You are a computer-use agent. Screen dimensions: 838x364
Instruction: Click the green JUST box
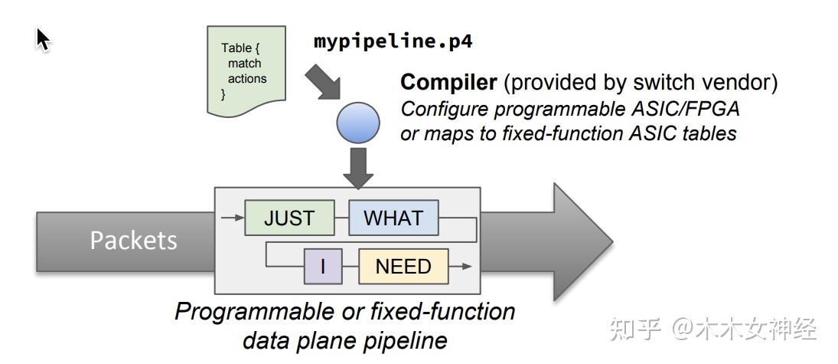(x=290, y=218)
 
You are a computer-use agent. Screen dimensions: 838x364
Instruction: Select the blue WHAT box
(x=393, y=218)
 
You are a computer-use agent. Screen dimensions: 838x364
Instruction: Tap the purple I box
(x=323, y=266)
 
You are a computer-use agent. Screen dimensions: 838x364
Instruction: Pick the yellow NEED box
(x=403, y=266)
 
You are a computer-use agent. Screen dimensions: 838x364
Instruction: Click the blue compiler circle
(x=357, y=123)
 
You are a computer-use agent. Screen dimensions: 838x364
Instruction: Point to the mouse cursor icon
(x=44, y=39)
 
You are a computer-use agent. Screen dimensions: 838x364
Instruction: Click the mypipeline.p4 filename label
(x=393, y=41)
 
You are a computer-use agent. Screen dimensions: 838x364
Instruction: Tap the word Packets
(x=133, y=241)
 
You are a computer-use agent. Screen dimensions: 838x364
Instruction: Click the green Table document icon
(x=246, y=71)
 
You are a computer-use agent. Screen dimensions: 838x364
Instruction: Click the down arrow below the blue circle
(x=358, y=168)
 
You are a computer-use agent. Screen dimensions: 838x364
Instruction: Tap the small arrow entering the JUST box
(x=231, y=218)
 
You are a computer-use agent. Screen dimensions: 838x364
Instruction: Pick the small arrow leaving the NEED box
(x=461, y=266)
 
